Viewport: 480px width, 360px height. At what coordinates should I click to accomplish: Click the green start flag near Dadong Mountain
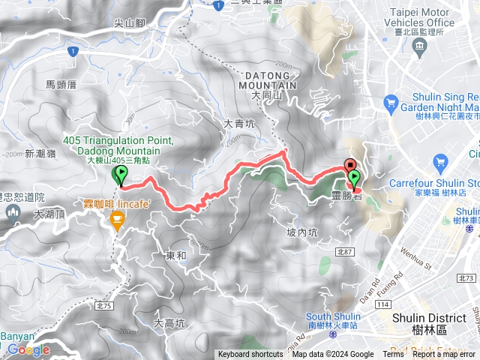coord(120,175)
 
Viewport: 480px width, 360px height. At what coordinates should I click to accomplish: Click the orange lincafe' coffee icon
coord(117,218)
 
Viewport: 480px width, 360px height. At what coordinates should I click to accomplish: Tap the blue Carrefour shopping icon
coord(441,163)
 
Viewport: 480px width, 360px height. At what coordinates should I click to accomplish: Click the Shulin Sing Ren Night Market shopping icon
coord(390,102)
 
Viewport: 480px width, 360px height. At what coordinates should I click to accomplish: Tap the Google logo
coord(28,349)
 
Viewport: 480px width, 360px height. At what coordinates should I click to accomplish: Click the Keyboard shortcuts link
coord(250,355)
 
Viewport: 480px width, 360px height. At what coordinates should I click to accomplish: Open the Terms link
coord(393,355)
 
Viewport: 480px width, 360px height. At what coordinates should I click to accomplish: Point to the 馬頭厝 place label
coord(61,85)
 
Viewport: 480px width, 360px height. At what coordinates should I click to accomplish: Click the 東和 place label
coord(175,256)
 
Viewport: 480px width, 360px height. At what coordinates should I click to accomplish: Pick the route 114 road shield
coord(383,303)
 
